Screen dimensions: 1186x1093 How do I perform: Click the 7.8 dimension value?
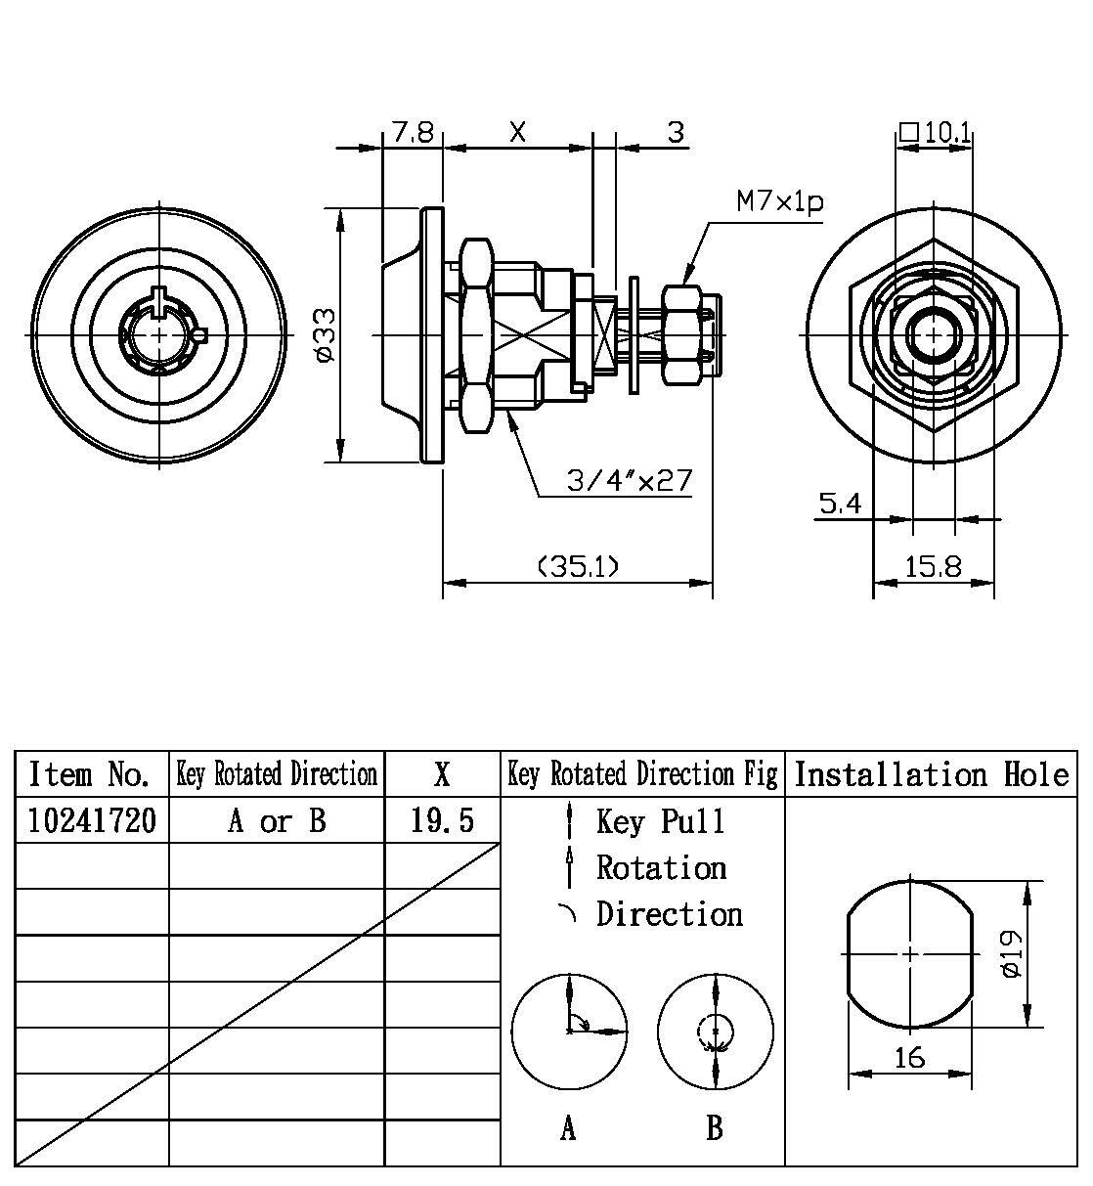413,132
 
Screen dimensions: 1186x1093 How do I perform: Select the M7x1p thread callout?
779,202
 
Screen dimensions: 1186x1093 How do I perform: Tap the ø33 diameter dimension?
326,334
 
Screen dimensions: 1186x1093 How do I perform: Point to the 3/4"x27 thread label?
630,480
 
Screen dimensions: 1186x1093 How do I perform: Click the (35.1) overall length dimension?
578,566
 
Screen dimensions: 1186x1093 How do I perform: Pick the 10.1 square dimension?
936,132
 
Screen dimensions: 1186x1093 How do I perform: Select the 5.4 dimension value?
840,504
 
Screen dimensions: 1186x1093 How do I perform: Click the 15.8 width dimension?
933,566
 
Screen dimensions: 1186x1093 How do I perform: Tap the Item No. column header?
91,774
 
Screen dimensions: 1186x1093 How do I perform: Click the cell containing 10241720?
91,820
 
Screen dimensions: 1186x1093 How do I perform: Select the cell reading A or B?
277,820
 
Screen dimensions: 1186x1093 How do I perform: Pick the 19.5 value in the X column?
442,820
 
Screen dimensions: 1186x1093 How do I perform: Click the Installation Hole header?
931,774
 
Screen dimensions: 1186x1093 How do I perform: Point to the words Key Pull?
661,821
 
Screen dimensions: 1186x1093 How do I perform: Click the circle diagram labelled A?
569,1031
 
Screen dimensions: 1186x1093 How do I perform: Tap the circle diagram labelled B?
716,1031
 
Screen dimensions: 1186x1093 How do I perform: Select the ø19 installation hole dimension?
1011,953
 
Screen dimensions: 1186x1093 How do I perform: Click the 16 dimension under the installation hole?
909,1058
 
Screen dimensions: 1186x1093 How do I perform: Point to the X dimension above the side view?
517,132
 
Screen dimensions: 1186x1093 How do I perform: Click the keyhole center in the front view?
158,334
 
